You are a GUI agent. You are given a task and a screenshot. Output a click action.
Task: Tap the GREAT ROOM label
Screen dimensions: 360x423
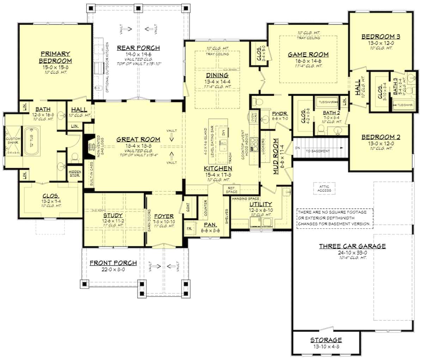pyautogui.click(x=138, y=139)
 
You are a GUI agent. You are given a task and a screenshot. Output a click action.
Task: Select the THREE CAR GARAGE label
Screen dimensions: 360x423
pyautogui.click(x=352, y=246)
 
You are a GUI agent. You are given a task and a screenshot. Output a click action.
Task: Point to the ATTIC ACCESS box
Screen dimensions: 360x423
pyautogui.click(x=324, y=188)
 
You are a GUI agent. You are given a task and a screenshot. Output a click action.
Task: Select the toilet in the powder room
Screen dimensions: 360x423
pyautogui.click(x=258, y=102)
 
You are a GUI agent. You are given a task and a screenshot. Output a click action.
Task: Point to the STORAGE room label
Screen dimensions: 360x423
pyautogui.click(x=326, y=340)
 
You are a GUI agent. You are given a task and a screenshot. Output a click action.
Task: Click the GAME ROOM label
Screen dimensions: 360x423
pyautogui.click(x=308, y=55)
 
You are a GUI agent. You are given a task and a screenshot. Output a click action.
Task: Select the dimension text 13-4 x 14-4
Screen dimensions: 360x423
pyautogui.click(x=217, y=81)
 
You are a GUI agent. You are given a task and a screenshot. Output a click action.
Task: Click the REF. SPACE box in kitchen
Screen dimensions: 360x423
pyautogui.click(x=232, y=190)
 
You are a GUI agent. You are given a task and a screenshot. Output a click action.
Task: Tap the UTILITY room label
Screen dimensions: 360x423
pyautogui.click(x=260, y=204)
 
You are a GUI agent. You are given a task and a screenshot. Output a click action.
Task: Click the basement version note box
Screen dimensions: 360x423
pyautogui.click(x=335, y=218)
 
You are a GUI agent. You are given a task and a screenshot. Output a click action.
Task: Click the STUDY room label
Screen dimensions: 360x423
pyautogui.click(x=113, y=215)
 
